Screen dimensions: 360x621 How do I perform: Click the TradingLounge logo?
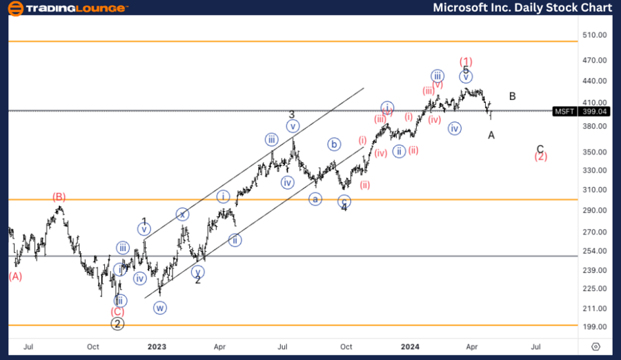pyautogui.click(x=66, y=8)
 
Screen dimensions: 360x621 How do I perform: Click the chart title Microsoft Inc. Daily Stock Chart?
pyautogui.click(x=522, y=8)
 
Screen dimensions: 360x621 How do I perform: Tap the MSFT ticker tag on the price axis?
pyautogui.click(x=565, y=111)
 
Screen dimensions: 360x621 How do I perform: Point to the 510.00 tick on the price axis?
pyautogui.click(x=594, y=34)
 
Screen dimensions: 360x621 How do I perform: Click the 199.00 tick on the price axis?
pyautogui.click(x=594, y=327)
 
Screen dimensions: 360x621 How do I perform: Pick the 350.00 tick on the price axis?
pyautogui.click(x=594, y=152)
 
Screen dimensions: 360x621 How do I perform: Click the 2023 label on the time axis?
pyautogui.click(x=157, y=347)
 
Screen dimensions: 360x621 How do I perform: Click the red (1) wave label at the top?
pyautogui.click(x=466, y=61)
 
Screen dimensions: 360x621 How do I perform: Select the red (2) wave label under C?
pyautogui.click(x=541, y=157)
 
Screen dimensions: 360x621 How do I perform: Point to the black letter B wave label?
pyautogui.click(x=513, y=97)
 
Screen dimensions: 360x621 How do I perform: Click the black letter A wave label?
pyautogui.click(x=491, y=135)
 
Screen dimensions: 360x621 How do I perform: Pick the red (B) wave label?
pyautogui.click(x=59, y=197)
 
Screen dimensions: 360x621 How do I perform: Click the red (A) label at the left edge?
pyautogui.click(x=15, y=277)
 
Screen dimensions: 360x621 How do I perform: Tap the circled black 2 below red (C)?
pyautogui.click(x=117, y=324)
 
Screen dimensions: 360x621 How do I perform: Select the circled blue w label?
pyautogui.click(x=160, y=308)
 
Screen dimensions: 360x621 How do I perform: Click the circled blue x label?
pyautogui.click(x=181, y=214)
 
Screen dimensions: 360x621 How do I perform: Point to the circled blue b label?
pyautogui.click(x=334, y=144)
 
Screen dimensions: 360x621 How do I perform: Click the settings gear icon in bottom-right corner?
pyautogui.click(x=596, y=347)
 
